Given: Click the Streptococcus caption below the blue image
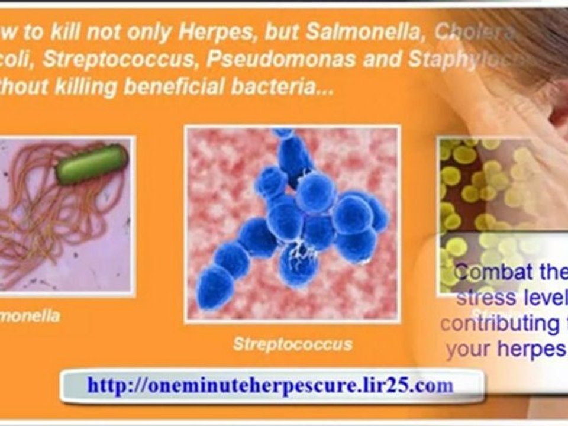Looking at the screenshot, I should (292, 344).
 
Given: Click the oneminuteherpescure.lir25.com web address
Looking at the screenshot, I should (270, 386).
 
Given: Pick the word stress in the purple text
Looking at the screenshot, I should (480, 298).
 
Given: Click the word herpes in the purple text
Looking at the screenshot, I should (528, 349).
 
